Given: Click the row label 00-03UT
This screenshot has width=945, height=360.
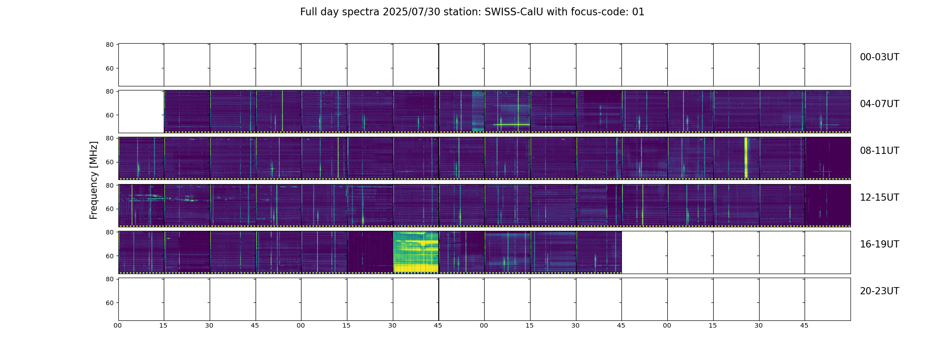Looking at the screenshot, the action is (879, 57).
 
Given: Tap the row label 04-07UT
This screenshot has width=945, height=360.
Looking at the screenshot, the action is (879, 104).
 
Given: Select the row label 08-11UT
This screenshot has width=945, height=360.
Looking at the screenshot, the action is (879, 151).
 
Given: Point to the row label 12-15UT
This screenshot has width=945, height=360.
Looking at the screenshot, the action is (879, 198).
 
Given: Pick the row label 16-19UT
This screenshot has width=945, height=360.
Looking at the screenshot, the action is (879, 244).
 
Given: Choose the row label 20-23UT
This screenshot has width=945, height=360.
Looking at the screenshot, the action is (879, 291).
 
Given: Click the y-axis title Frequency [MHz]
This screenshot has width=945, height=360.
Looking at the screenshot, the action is (94, 180).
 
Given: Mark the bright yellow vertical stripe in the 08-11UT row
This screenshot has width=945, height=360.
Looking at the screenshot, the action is (746, 157).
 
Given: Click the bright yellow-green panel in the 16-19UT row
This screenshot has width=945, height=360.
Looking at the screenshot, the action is (416, 252).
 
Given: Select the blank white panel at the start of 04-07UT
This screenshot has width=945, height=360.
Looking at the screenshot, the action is (141, 112).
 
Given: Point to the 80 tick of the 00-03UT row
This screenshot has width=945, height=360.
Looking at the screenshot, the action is (110, 45).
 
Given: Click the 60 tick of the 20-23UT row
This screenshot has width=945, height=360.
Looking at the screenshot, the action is (110, 303).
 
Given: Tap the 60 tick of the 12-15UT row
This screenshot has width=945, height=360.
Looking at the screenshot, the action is (110, 209).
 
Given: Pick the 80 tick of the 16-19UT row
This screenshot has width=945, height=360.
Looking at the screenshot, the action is (110, 232).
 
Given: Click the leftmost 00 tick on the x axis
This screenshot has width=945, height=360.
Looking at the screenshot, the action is (118, 325).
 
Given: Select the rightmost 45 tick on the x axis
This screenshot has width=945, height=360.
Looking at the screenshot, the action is (804, 325).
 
